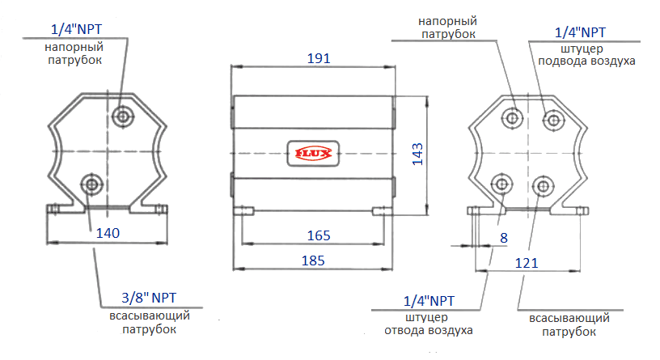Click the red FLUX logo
point(312,150)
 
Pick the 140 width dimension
point(108,233)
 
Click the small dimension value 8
point(504,237)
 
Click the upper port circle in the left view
point(124,116)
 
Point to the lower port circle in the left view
point(91,184)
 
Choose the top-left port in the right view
point(512,118)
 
